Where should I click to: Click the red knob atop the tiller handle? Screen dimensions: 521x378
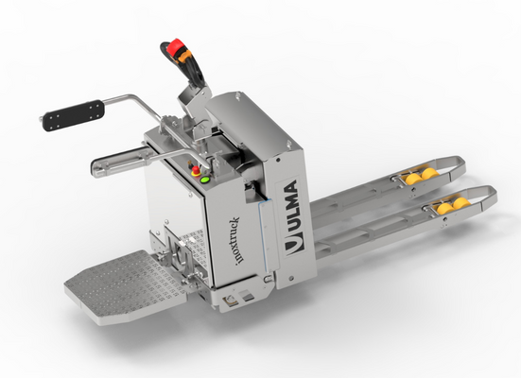176,47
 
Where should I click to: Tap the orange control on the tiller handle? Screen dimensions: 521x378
184,57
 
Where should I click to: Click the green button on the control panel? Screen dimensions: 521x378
204,180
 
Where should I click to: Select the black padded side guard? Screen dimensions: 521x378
74,115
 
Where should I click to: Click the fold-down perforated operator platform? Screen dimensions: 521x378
128,286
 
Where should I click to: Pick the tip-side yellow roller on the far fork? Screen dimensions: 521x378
430,174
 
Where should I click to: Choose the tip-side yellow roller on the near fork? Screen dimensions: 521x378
461,203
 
